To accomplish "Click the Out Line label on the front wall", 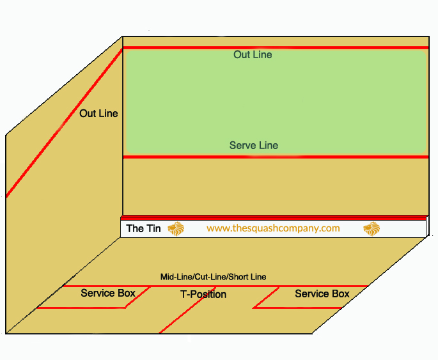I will point(253,55).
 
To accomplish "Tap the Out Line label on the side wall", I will point(98,113).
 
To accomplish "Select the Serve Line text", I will point(254,146).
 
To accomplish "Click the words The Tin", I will point(144,228).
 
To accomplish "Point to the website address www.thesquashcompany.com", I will point(273,228).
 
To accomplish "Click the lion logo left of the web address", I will point(176,228).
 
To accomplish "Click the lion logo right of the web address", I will point(372,228).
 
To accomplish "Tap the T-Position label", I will point(203,295).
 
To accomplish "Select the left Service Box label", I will point(108,293).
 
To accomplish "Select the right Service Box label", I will point(322,293).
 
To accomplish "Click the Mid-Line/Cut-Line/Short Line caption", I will point(213,277).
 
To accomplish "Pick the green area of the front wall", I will point(275,96).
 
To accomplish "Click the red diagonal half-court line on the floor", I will point(179,317).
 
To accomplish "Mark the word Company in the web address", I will point(320,228).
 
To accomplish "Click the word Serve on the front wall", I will point(242,146).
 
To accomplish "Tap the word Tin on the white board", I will point(153,228).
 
